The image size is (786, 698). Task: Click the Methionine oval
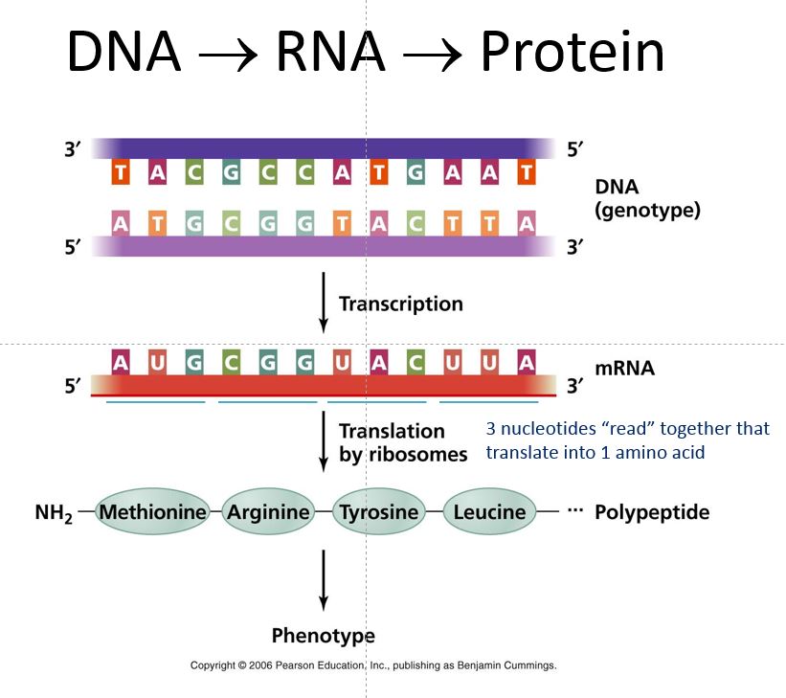pyautogui.click(x=153, y=512)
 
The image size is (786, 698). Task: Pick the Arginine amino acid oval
pyautogui.click(x=268, y=512)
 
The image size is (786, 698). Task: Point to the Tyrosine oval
pyautogui.click(x=379, y=512)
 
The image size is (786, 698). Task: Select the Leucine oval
pyautogui.click(x=489, y=512)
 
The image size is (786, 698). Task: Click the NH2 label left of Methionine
pyautogui.click(x=54, y=513)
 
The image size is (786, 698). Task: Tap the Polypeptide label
pyautogui.click(x=652, y=512)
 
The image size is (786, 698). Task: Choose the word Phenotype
pyautogui.click(x=324, y=636)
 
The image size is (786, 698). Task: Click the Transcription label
pyautogui.click(x=400, y=304)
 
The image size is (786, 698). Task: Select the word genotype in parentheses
pyautogui.click(x=647, y=211)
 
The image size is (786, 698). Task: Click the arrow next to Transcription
pyautogui.click(x=324, y=302)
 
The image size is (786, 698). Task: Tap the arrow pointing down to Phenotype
pyautogui.click(x=324, y=579)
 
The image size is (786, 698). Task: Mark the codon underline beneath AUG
pyautogui.click(x=156, y=402)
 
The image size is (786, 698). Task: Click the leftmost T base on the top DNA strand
pyautogui.click(x=121, y=173)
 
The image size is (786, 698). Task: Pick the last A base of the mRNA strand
pyautogui.click(x=525, y=363)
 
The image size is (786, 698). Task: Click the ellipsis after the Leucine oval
pyautogui.click(x=574, y=511)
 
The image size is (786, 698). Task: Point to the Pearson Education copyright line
pyautogui.click(x=373, y=664)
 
